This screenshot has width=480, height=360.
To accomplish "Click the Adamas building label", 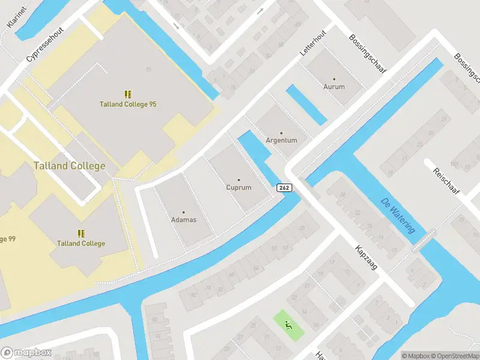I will pos(184,220).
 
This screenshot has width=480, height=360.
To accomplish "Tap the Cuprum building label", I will pos(239,188).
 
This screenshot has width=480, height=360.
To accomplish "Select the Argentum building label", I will pos(281,140).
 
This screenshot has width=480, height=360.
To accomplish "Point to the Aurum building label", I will pos(334,87).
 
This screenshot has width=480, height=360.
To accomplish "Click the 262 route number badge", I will pos(284,188).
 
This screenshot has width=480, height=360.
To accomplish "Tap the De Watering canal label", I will pos(398,217).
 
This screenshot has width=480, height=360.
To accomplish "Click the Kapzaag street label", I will pos(365,257).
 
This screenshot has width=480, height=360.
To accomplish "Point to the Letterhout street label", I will pos(313,43).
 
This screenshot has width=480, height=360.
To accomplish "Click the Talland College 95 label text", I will pos(128,104).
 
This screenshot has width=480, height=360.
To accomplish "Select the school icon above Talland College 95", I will pos(128,94).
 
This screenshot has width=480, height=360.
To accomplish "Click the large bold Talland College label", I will pos(70,166).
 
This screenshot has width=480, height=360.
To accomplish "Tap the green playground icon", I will pos(289,326).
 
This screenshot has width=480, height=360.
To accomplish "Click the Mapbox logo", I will pos(27,352).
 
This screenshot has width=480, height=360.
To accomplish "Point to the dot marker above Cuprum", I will pos(239,179).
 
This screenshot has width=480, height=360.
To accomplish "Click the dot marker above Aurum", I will pos(334,79).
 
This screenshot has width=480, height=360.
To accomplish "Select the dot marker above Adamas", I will pos(184,212).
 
